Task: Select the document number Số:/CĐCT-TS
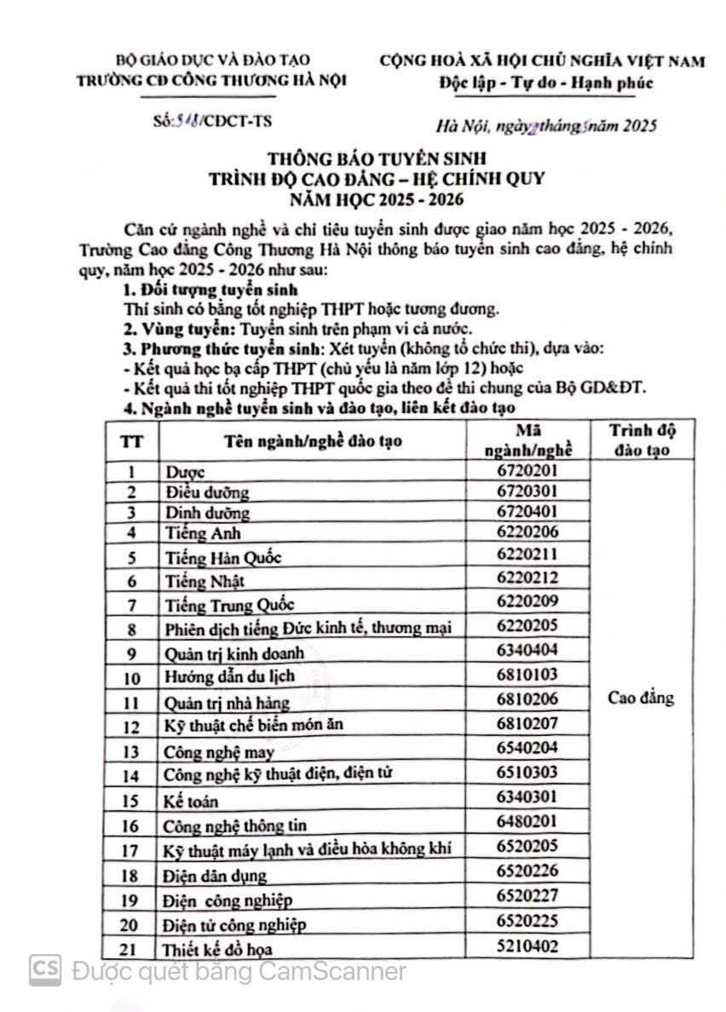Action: tap(209, 120)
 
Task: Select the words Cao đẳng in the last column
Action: tap(641, 699)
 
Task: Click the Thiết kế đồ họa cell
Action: tap(219, 948)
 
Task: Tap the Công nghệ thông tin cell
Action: tap(234, 825)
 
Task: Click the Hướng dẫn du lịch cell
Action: tap(229, 677)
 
